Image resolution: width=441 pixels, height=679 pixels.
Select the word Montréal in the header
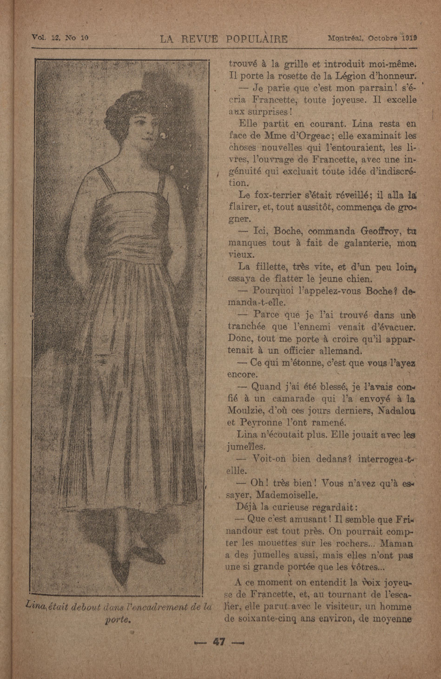346,38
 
